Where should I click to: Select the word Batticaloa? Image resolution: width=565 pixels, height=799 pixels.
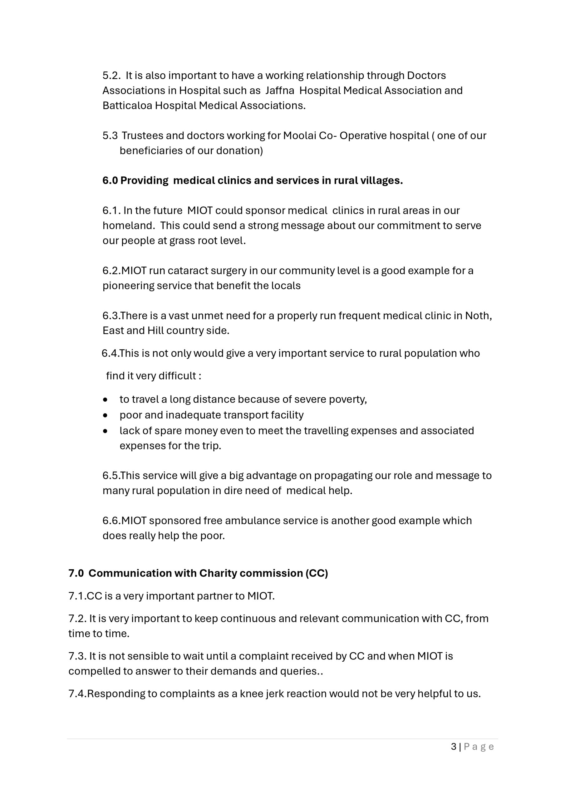pyautogui.click(x=127, y=105)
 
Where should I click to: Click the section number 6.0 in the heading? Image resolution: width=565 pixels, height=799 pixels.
pyautogui.click(x=110, y=181)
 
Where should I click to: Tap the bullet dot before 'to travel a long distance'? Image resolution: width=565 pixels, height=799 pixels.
pyautogui.click(x=105, y=400)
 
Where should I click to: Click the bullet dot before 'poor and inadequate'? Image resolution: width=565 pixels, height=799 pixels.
pyautogui.click(x=105, y=415)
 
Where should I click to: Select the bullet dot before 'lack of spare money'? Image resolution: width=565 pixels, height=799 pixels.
pyautogui.click(x=105, y=431)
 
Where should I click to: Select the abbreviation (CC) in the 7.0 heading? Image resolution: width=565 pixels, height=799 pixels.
pyautogui.click(x=317, y=573)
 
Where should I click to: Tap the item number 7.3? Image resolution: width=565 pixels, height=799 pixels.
pyautogui.click(x=76, y=656)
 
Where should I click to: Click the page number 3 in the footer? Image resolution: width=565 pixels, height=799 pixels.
pyautogui.click(x=453, y=747)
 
